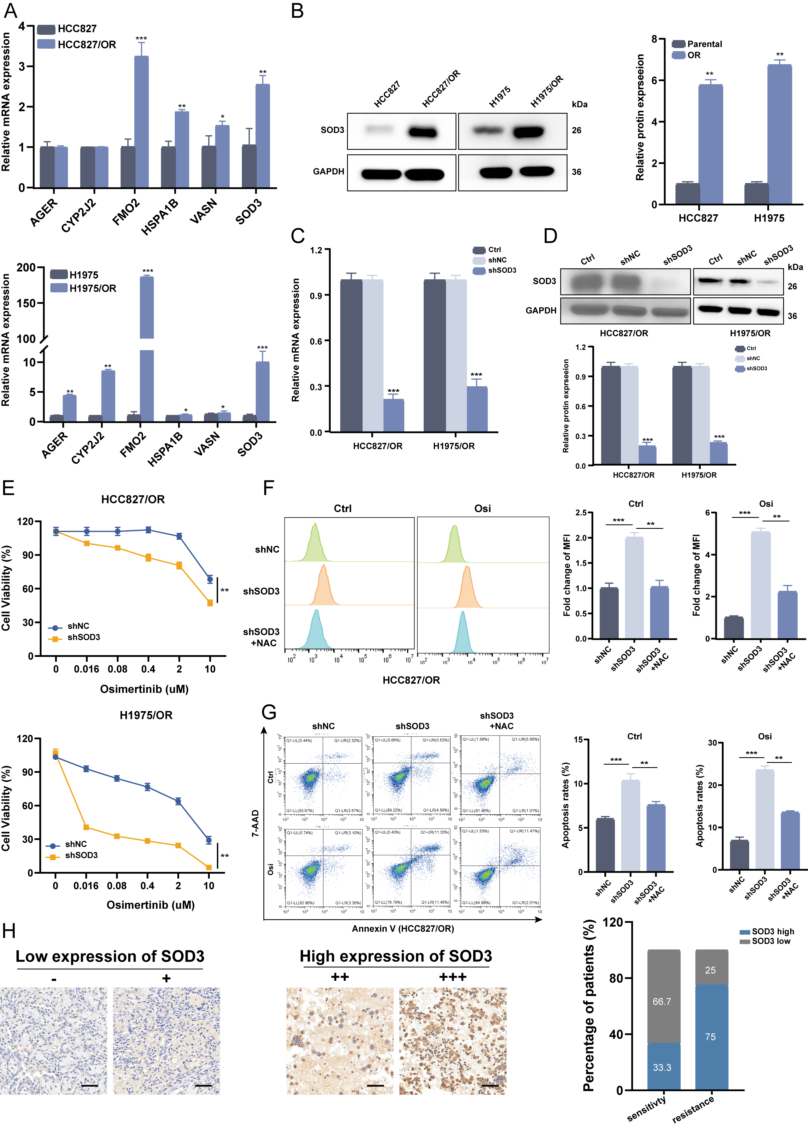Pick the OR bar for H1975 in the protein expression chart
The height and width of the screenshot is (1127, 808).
point(779,134)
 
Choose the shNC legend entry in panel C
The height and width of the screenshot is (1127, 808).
point(497,260)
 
